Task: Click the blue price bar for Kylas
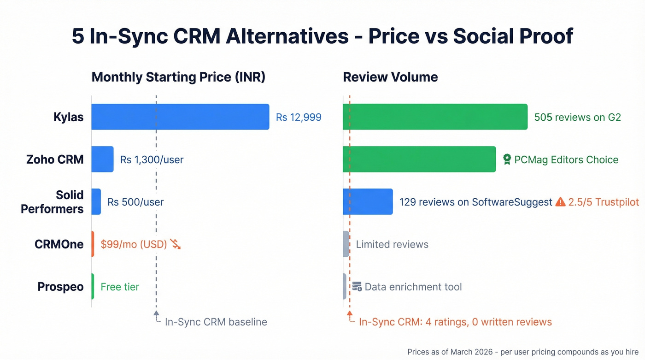180,117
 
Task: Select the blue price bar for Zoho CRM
102,159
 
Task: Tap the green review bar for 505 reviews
435,117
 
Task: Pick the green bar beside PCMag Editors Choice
419,159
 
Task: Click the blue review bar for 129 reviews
368,202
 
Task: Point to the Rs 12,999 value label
299,117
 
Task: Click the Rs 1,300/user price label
152,160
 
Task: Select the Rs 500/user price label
135,202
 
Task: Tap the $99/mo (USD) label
134,244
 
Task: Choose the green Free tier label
120,287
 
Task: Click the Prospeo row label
60,287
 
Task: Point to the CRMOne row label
59,244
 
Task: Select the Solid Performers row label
52,202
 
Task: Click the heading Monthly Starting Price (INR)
178,77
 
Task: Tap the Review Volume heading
390,77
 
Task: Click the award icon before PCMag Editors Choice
507,159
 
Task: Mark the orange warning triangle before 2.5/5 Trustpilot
560,202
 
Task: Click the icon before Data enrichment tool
357,287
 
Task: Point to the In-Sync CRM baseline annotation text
216,322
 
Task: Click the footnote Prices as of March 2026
522,352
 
